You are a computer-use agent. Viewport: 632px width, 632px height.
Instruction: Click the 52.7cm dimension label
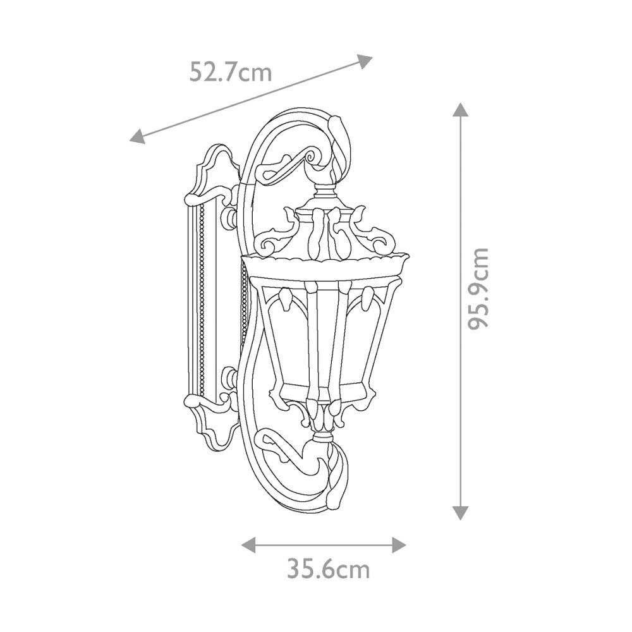coord(231,73)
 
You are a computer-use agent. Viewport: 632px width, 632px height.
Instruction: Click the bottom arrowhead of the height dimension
coord(460,513)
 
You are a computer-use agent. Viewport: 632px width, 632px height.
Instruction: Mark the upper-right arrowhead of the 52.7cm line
coord(365,61)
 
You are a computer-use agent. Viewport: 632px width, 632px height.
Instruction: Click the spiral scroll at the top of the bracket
coord(313,156)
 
